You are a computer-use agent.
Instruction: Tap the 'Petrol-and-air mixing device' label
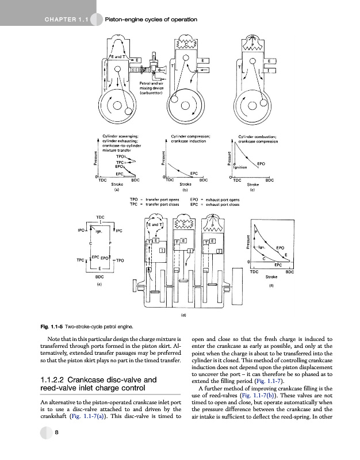click(x=152, y=88)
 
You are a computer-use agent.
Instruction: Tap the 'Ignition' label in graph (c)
click(x=240, y=167)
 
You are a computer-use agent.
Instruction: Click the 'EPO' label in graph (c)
click(x=261, y=164)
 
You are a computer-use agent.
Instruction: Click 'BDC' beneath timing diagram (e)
click(x=99, y=292)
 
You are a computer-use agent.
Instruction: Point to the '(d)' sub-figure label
click(x=183, y=315)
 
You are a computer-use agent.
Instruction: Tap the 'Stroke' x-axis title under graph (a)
click(x=116, y=184)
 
